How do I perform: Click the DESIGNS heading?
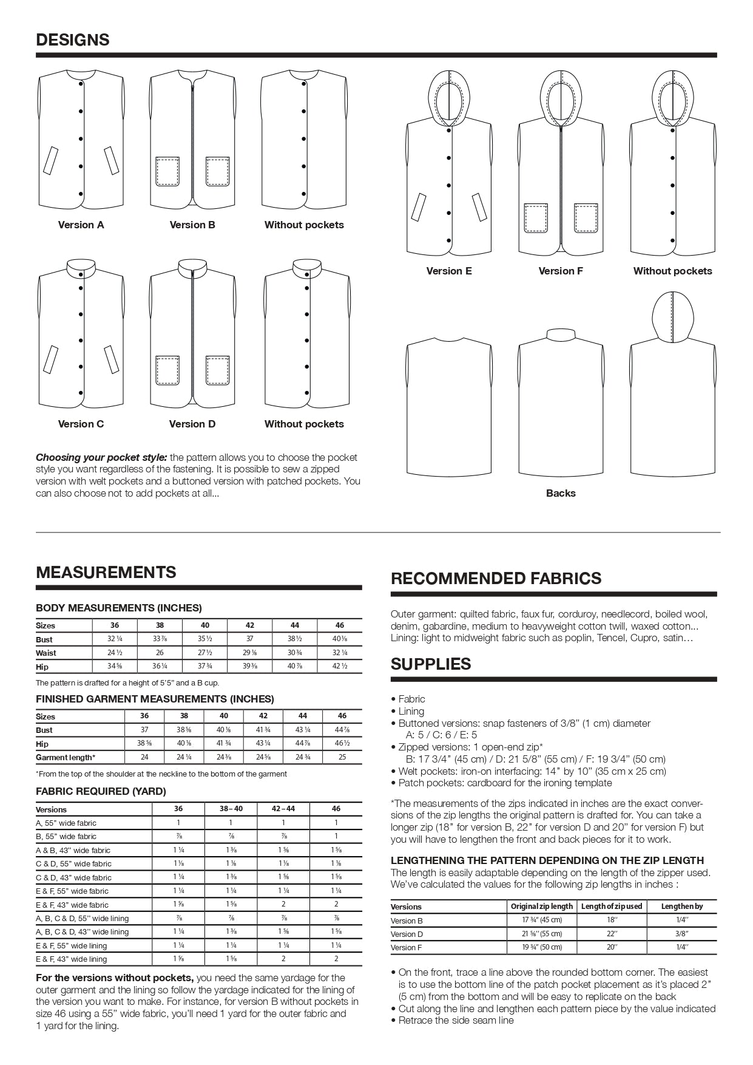click(x=73, y=40)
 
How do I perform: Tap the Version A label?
click(x=81, y=225)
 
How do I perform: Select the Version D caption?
click(x=192, y=424)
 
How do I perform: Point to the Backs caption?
click(x=561, y=493)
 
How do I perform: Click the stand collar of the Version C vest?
click(x=81, y=268)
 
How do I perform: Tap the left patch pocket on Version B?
click(x=167, y=171)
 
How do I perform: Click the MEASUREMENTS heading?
click(x=106, y=572)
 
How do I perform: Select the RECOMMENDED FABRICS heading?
click(x=496, y=578)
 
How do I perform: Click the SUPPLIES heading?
click(x=431, y=664)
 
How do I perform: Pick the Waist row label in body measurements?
click(x=46, y=653)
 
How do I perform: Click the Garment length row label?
click(x=66, y=757)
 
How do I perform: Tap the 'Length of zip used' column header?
click(x=611, y=906)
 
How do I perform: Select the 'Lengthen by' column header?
click(x=682, y=906)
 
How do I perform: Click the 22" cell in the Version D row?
click(x=611, y=933)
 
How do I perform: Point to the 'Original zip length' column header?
click(x=542, y=906)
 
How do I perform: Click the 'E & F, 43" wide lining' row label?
click(x=72, y=959)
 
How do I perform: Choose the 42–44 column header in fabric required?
click(x=283, y=809)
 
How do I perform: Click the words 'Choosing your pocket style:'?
click(x=102, y=457)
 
